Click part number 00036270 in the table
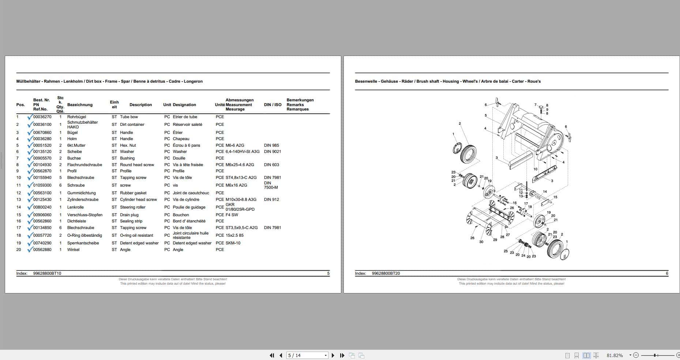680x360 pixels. pyautogui.click(x=42, y=117)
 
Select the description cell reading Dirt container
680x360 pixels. pyautogui.click(x=132, y=125)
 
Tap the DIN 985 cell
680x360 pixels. pyautogui.click(x=271, y=146)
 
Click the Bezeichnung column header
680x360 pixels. pyautogui.click(x=80, y=105)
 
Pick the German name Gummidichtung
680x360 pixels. pyautogui.click(x=81, y=193)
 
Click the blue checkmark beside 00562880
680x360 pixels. pyautogui.click(x=30, y=250)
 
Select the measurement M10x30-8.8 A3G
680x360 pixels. pyautogui.click(x=241, y=200)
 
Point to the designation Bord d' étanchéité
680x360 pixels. pyautogui.click(x=189, y=221)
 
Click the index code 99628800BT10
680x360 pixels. pyautogui.click(x=47, y=274)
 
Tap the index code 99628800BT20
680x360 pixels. pyautogui.click(x=386, y=274)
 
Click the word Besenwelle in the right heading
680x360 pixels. pyautogui.click(x=366, y=82)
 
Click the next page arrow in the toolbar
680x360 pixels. pyautogui.click(x=333, y=355)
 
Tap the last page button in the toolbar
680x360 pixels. pyautogui.click(x=342, y=355)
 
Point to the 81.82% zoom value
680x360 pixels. pyautogui.click(x=615, y=355)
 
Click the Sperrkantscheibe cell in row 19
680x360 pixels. pyautogui.click(x=83, y=243)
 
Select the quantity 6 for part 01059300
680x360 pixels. pyautogui.click(x=60, y=185)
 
